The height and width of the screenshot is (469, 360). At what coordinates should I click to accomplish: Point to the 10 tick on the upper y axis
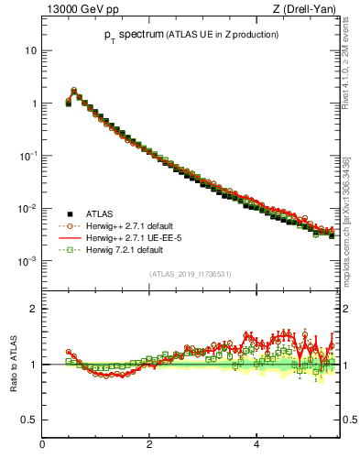click(x=30, y=50)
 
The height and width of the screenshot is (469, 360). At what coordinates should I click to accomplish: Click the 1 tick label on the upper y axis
click(x=33, y=104)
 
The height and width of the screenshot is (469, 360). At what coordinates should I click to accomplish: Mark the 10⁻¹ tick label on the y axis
click(x=27, y=156)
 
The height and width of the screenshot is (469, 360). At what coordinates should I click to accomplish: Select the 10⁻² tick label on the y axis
click(x=27, y=209)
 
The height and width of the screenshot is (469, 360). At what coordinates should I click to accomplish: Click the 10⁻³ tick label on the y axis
click(x=27, y=261)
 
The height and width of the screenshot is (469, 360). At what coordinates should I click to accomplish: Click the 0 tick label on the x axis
click(x=42, y=445)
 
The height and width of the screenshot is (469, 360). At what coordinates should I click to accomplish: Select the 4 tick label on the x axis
click(x=256, y=445)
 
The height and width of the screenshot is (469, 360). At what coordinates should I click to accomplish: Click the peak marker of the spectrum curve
click(x=74, y=91)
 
